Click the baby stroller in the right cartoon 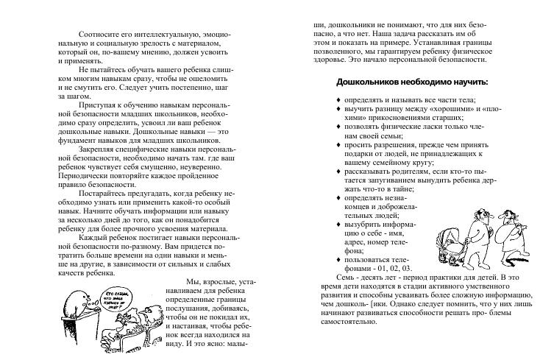450,239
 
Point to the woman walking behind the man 509,236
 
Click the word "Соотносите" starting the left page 99,34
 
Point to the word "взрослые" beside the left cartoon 212,282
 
